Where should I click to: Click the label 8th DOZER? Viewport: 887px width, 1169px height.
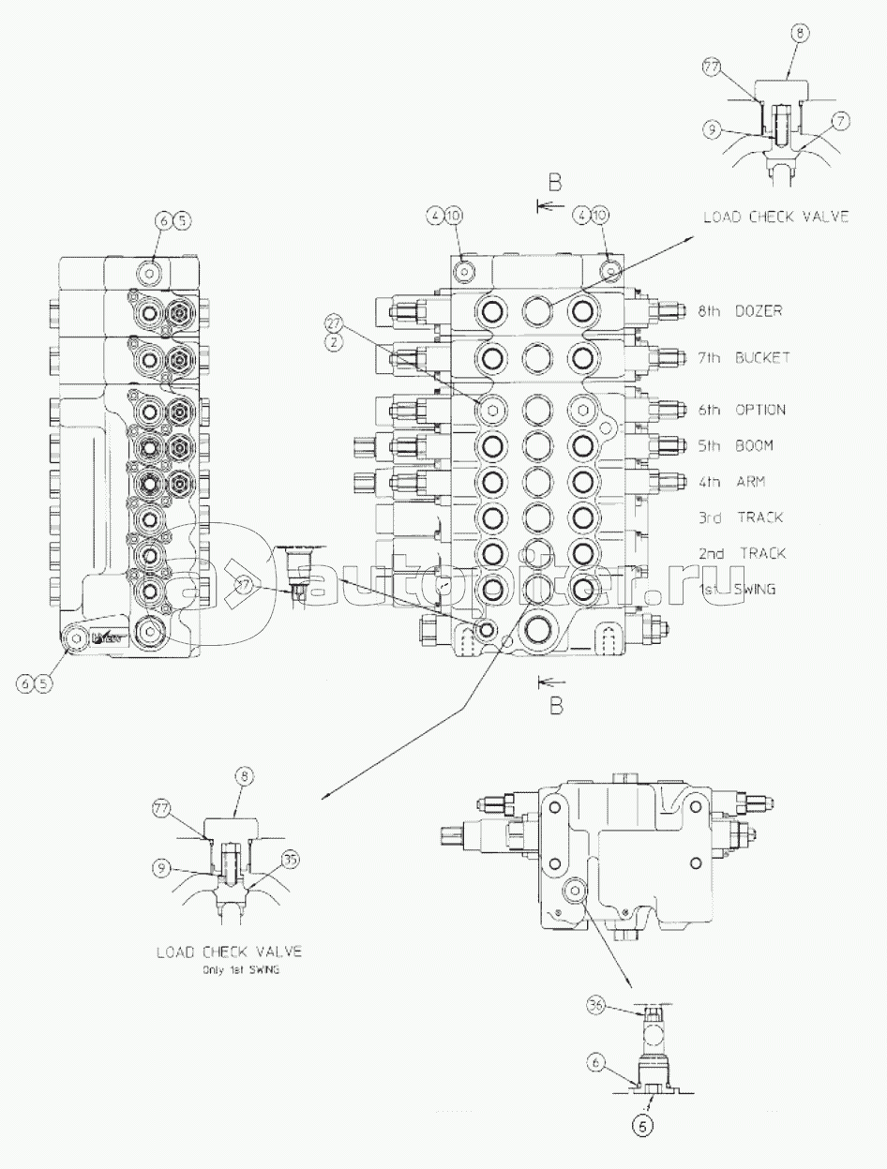(x=740, y=310)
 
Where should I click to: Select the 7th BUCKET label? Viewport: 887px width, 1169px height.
(x=744, y=357)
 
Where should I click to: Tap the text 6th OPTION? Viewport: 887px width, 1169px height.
(x=741, y=410)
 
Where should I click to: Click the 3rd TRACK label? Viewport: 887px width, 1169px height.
(x=740, y=517)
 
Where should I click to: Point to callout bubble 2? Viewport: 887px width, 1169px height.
(x=334, y=343)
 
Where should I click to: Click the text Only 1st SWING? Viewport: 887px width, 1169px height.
(x=242, y=971)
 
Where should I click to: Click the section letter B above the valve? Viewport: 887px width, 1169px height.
(x=556, y=181)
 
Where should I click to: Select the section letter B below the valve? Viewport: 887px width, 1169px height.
(x=556, y=707)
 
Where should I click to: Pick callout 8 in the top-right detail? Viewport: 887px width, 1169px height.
(x=799, y=33)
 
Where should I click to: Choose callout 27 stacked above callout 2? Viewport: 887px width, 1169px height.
(x=334, y=322)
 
